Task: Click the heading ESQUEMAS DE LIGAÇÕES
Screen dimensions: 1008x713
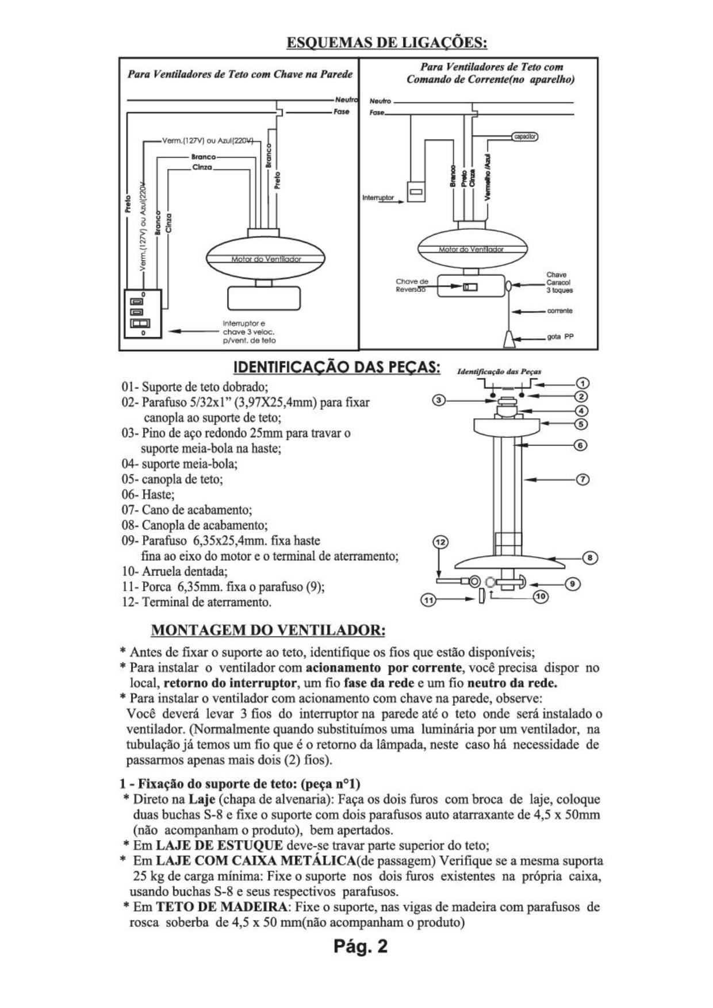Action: click(x=387, y=43)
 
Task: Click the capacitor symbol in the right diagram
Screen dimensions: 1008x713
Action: click(x=524, y=137)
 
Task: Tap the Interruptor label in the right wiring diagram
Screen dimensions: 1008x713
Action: click(x=378, y=198)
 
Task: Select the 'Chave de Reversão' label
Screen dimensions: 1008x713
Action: click(x=412, y=286)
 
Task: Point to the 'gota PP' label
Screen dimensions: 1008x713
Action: click(x=560, y=337)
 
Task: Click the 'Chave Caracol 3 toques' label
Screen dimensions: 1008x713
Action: click(x=559, y=283)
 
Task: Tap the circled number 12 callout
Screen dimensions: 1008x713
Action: click(x=440, y=542)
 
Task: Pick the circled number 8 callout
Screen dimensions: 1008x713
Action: click(x=591, y=557)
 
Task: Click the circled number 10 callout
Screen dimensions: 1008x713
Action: click(x=540, y=597)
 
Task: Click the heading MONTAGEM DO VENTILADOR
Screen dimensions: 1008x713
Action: click(x=268, y=630)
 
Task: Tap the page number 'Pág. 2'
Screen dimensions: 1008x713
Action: click(x=361, y=947)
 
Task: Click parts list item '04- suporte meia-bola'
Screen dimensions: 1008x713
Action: click(x=179, y=463)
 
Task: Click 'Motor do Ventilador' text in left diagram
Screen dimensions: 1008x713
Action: click(x=266, y=259)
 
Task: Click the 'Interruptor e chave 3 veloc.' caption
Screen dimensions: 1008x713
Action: click(x=248, y=332)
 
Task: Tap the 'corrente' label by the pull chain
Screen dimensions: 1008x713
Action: click(x=559, y=311)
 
